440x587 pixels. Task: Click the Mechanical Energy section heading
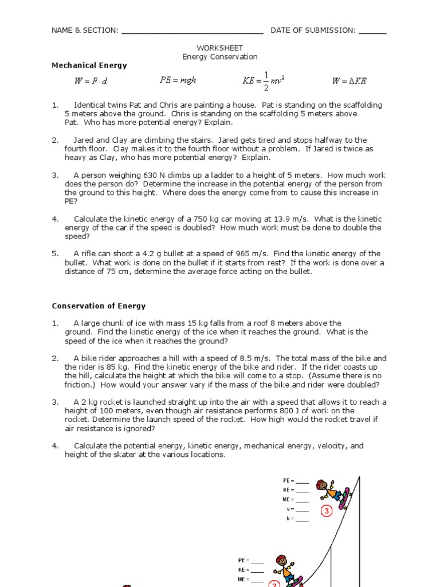point(89,65)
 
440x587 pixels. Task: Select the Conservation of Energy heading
point(99,306)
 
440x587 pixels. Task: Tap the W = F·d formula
point(91,81)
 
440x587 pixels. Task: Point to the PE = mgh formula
point(178,81)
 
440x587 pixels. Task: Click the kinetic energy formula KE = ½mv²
point(264,81)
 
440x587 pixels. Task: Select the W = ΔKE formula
point(349,81)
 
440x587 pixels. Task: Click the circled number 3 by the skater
point(327,511)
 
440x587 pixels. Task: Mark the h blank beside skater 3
point(302,520)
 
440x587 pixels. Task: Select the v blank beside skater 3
point(302,510)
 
